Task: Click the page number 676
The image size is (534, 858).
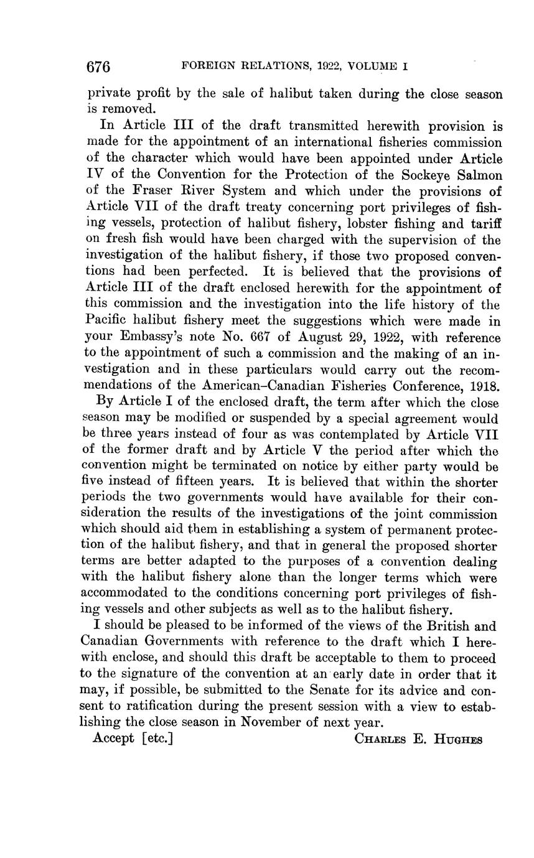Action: pyautogui.click(x=98, y=67)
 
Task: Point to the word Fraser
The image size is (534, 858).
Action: pyautogui.click(x=140, y=191)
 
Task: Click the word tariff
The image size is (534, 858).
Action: pyautogui.click(x=485, y=223)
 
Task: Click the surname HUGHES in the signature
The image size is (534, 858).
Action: pyautogui.click(x=457, y=739)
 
